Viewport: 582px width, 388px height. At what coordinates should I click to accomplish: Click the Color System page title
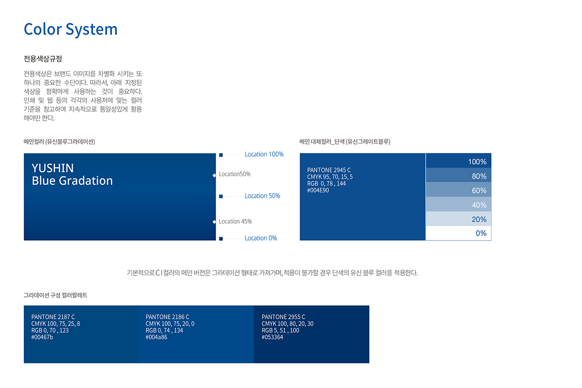pyautogui.click(x=71, y=30)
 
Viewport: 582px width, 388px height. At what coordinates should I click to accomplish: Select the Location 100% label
pyautogui.click(x=264, y=154)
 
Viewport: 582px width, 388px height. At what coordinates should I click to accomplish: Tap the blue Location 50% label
pyautogui.click(x=262, y=196)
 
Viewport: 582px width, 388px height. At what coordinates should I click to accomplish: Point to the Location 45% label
pyautogui.click(x=235, y=222)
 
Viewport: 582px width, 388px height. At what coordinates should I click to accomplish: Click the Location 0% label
pyautogui.click(x=260, y=238)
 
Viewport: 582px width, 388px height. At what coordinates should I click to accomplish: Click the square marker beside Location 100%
pyautogui.click(x=221, y=155)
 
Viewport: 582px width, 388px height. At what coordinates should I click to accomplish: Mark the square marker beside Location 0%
pyautogui.click(x=221, y=239)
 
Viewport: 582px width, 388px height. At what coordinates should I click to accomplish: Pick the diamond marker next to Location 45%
pyautogui.click(x=214, y=222)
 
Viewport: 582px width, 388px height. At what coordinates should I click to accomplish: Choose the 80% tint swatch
pyautogui.click(x=458, y=175)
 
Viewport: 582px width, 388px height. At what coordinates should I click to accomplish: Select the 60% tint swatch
pyautogui.click(x=458, y=190)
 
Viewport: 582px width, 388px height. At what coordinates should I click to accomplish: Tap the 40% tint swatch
pyautogui.click(x=458, y=204)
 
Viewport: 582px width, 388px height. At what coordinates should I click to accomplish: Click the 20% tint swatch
pyautogui.click(x=458, y=219)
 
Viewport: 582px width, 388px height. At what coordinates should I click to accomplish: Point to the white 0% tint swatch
pyautogui.click(x=458, y=233)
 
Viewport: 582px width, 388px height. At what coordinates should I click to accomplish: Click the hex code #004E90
pyautogui.click(x=318, y=191)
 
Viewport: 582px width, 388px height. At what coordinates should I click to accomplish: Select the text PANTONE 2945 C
pyautogui.click(x=329, y=170)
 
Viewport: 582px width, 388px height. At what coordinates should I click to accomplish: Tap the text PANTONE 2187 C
pyautogui.click(x=53, y=317)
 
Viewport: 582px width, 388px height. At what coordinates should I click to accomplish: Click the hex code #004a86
pyautogui.click(x=156, y=338)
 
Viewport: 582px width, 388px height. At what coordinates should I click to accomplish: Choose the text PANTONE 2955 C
pyautogui.click(x=283, y=317)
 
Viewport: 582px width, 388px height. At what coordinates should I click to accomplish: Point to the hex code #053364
pyautogui.click(x=272, y=338)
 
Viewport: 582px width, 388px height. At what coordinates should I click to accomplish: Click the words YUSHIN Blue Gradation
pyautogui.click(x=72, y=175)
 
